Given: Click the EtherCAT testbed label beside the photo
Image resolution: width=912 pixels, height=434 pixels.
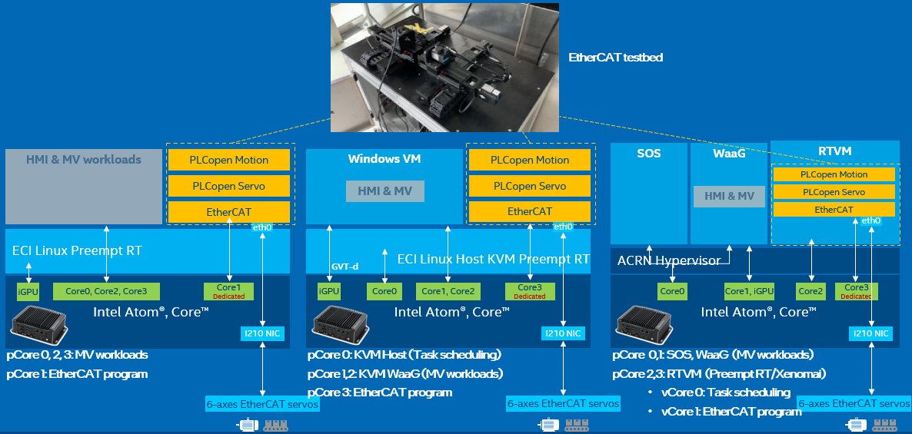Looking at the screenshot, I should click(615, 58).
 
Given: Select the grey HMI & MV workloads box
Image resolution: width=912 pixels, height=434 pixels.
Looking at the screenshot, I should click(84, 186).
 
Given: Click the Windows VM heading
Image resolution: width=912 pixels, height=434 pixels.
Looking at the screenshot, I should click(384, 159).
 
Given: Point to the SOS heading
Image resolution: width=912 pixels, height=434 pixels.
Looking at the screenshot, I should click(648, 154).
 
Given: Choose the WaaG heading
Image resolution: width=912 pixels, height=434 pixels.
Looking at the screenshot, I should click(729, 154).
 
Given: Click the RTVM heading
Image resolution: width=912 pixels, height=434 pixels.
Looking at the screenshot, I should click(835, 151).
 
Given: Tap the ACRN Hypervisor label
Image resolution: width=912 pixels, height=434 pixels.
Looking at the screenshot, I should click(669, 260).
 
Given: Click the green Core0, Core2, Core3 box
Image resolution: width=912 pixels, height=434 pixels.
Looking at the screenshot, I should click(106, 291).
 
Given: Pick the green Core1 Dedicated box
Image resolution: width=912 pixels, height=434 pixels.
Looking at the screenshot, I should click(228, 291).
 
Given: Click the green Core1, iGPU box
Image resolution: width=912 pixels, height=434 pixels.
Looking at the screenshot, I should click(749, 291).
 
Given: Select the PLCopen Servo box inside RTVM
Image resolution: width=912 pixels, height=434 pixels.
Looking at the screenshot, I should click(833, 192).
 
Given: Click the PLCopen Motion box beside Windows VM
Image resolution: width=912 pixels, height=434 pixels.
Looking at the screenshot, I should click(530, 160).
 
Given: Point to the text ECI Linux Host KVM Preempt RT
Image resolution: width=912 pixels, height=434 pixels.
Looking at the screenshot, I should click(493, 259).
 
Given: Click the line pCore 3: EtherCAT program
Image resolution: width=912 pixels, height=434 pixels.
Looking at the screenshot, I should click(380, 393).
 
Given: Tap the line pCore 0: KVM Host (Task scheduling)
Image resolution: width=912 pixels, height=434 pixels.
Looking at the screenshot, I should click(404, 355).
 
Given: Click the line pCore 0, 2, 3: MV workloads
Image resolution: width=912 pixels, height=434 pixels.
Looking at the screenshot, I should click(77, 355).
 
